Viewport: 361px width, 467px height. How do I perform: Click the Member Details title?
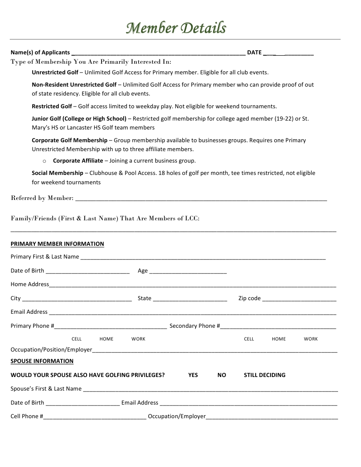[176, 28]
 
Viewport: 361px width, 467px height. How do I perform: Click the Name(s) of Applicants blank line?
[158, 53]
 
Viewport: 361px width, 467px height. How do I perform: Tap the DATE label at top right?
[254, 53]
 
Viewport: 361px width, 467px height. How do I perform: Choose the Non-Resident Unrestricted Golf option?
[74, 85]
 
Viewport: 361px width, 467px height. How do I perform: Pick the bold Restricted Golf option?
[52, 107]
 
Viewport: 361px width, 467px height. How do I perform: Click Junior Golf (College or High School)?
[79, 119]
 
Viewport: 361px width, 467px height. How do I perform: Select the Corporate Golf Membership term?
[70, 141]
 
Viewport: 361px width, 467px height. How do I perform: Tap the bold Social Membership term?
[57, 173]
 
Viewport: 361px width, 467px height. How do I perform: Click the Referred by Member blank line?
[200, 199]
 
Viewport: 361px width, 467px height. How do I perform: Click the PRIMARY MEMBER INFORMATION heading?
[57, 244]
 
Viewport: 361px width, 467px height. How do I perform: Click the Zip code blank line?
[299, 300]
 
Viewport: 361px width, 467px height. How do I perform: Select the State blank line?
[190, 300]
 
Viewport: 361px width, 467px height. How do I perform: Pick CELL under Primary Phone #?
[76, 339]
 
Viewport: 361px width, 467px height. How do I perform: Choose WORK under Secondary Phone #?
[310, 339]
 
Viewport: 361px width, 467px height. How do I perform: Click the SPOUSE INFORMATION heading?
[42, 361]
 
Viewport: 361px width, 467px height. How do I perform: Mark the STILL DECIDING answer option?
[264, 375]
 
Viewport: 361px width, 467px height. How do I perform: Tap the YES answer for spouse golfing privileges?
[193, 375]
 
